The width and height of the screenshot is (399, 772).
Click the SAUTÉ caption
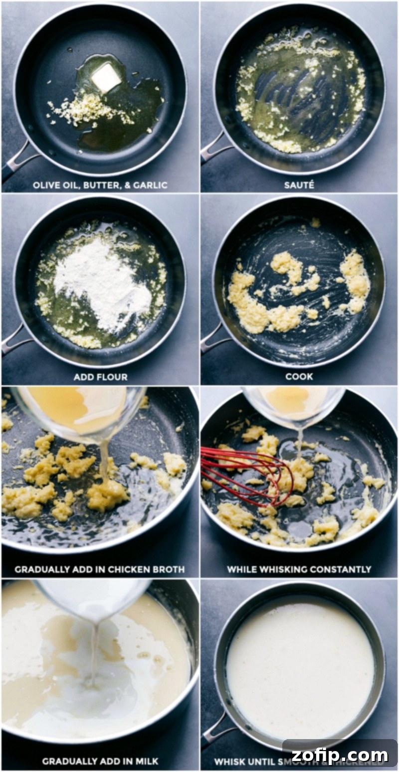(x=299, y=185)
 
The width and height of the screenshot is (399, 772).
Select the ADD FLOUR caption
(x=100, y=377)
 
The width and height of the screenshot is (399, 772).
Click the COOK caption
(x=299, y=377)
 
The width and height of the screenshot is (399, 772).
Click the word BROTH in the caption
(x=168, y=569)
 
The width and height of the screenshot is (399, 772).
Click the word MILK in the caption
(x=147, y=761)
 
